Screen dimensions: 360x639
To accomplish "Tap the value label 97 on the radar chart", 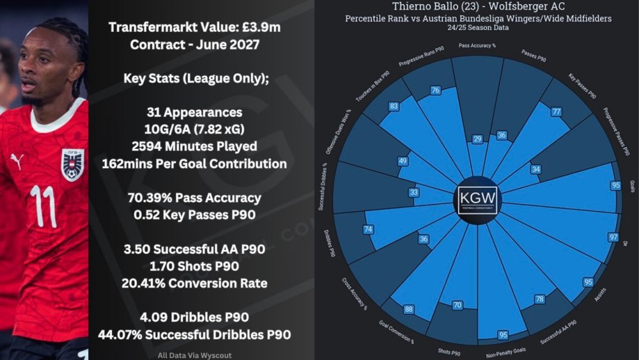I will point(614,237).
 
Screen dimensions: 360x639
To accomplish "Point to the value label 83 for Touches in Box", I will point(393,106).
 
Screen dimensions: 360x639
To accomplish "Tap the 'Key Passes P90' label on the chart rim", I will point(583,86).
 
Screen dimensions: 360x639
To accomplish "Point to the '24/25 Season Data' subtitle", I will point(478,27).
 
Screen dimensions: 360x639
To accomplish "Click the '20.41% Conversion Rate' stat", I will point(194,283).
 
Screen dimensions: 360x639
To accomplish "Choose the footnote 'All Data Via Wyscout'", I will point(194,356).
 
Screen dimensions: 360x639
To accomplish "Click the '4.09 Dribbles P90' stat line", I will point(194,317).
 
